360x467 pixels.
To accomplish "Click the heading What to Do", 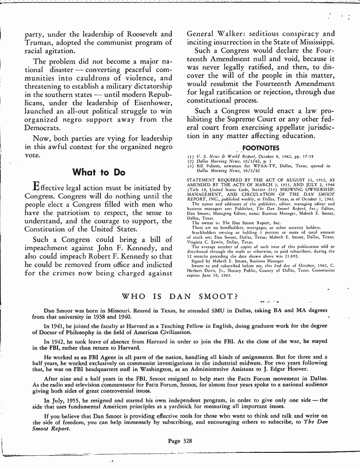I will pos(98,172).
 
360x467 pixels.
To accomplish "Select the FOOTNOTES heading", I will pos(260,148).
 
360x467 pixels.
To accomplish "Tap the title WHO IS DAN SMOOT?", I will pos(180,296).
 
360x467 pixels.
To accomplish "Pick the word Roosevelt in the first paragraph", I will pos(138,34).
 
